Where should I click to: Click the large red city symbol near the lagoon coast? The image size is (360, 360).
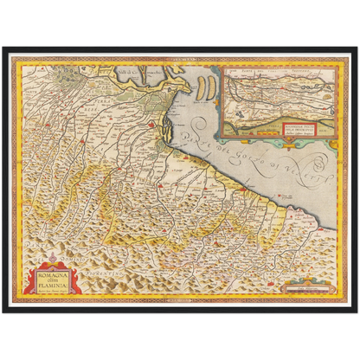tap(153, 126)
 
